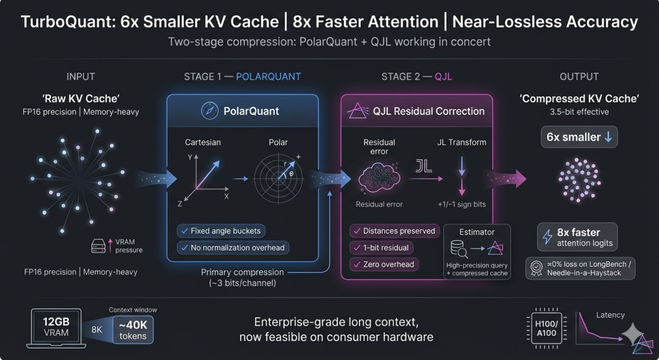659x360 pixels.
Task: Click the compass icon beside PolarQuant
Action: click(x=210, y=111)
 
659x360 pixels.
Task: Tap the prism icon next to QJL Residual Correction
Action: click(x=358, y=111)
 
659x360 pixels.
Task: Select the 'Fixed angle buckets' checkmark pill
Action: click(x=221, y=231)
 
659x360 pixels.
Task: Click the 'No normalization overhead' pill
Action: click(x=233, y=248)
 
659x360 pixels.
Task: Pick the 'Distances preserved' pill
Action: click(x=394, y=231)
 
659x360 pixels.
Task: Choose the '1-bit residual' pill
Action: click(x=381, y=248)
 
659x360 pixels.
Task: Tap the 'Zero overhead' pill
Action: click(x=384, y=265)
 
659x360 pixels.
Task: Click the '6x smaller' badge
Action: click(x=579, y=137)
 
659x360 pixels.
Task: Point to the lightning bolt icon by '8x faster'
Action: click(x=547, y=237)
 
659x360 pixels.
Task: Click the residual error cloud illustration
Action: click(x=378, y=178)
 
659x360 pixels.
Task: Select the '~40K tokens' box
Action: click(x=133, y=330)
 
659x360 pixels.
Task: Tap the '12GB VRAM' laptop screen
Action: click(x=56, y=327)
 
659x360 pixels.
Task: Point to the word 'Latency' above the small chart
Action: click(x=610, y=315)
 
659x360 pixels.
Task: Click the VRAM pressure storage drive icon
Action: click(x=98, y=246)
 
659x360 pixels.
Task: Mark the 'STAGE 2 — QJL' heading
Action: click(x=416, y=77)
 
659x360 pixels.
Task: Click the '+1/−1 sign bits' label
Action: click(x=461, y=204)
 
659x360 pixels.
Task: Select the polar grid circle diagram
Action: click(x=278, y=178)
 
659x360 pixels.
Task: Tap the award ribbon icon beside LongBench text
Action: click(x=536, y=269)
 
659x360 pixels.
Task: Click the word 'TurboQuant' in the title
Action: click(x=68, y=22)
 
